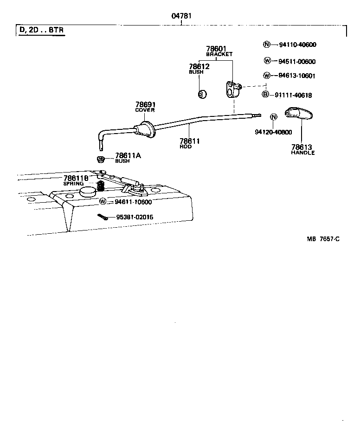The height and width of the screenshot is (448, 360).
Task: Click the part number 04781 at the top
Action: coord(181,16)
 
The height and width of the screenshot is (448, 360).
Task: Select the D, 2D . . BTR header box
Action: coord(42,31)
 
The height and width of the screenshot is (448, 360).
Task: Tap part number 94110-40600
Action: coord(297,45)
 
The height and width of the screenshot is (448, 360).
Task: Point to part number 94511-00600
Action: coord(297,61)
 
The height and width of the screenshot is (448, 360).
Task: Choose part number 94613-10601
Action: coord(297,76)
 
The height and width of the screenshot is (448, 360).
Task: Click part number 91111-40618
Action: coord(293,95)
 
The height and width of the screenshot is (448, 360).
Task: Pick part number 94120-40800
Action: coord(273,132)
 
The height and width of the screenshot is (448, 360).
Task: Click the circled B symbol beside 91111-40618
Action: coord(266,95)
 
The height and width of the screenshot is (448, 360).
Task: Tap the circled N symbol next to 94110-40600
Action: coord(266,45)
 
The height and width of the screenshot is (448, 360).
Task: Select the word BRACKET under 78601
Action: coord(219,54)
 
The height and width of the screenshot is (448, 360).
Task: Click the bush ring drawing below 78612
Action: coord(202,94)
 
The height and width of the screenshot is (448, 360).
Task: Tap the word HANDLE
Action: coord(302,153)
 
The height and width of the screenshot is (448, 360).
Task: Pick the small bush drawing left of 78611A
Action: coord(100,160)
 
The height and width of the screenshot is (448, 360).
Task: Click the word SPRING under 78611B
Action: coord(73,184)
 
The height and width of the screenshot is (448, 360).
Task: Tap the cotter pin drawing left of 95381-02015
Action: coord(103,217)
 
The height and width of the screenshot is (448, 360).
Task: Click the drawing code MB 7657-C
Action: coord(323,239)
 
